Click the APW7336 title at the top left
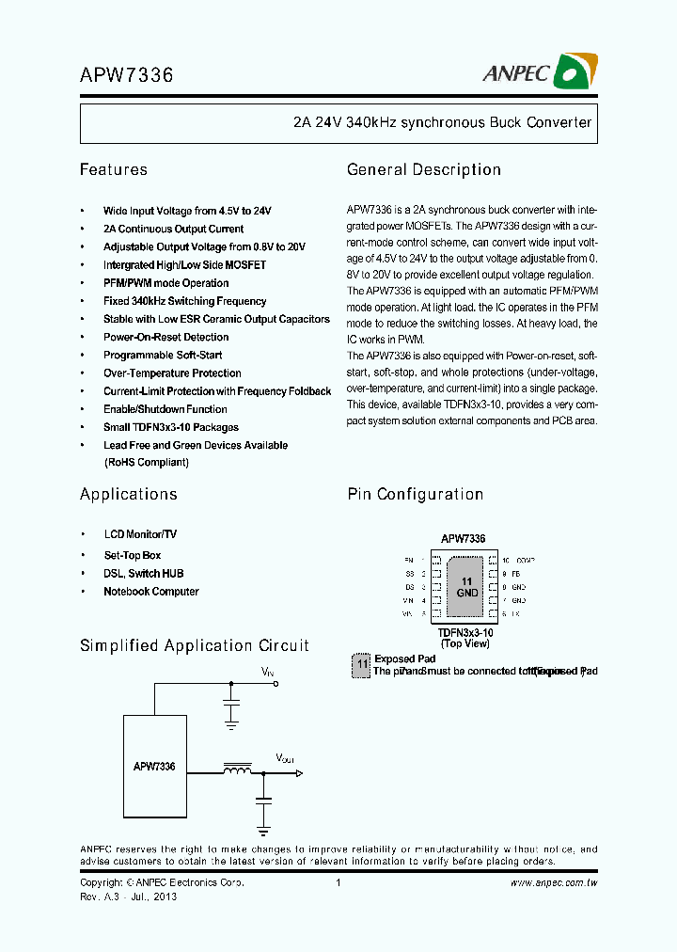pyautogui.click(x=126, y=74)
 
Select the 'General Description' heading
pyautogui.click(x=423, y=170)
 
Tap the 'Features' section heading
pyautogui.click(x=113, y=170)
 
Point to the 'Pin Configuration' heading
pyautogui.click(x=415, y=495)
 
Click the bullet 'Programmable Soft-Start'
pyautogui.click(x=163, y=356)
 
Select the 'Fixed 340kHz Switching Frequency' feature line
pyautogui.click(x=184, y=301)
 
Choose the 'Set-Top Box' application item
pyautogui.click(x=132, y=555)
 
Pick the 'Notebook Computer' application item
pyautogui.click(x=150, y=592)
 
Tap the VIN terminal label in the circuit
pyautogui.click(x=268, y=671)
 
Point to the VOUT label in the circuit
pyautogui.click(x=284, y=757)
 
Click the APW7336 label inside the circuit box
pyautogui.click(x=153, y=767)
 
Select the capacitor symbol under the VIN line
pyautogui.click(x=230, y=704)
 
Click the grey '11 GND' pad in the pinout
pyautogui.click(x=466, y=588)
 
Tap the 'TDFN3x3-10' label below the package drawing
pyautogui.click(x=464, y=633)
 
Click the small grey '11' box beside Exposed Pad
pyautogui.click(x=360, y=665)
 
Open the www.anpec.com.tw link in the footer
pyautogui.click(x=554, y=882)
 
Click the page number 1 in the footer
pyautogui.click(x=338, y=882)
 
